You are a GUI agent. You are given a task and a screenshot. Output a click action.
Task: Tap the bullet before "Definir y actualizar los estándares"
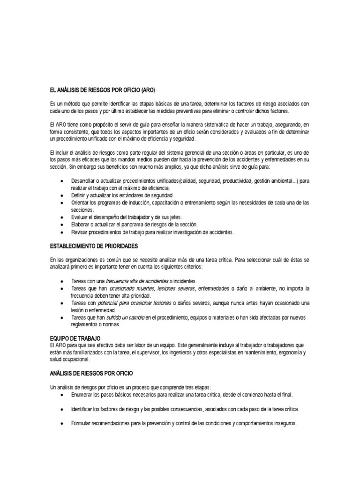click(62, 195)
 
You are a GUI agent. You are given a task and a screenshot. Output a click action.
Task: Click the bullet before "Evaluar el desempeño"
click(62, 217)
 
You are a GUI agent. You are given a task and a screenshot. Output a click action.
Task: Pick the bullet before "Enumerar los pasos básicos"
click(62, 395)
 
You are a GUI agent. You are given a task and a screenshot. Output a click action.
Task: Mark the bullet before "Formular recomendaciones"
click(62, 423)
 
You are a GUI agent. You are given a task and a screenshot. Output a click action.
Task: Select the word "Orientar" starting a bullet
click(80, 202)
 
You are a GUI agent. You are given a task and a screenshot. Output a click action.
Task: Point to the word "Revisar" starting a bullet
click(80, 232)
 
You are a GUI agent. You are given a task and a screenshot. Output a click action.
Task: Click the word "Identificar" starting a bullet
click(83, 409)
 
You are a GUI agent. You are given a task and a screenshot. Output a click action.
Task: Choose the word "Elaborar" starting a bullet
click(81, 225)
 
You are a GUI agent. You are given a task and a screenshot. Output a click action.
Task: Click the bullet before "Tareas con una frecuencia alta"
click(62, 280)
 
